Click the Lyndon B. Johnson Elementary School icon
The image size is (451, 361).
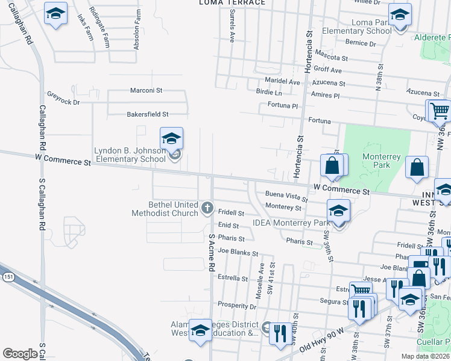pos(171,138)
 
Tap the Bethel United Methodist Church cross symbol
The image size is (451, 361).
pos(207,208)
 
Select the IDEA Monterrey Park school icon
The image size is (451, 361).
pos(338,211)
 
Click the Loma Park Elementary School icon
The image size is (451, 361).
pos(399,15)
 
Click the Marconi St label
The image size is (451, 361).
pos(147,90)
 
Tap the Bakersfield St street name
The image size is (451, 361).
pos(147,114)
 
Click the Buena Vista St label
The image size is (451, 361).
pos(282,195)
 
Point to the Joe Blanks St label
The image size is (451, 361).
pos(238,253)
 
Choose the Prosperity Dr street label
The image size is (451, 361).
pos(238,306)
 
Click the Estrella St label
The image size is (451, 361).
pos(233,279)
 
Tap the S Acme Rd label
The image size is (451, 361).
pos(212,253)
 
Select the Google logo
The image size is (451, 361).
pos(19,353)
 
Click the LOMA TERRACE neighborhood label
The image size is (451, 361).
pos(232,3)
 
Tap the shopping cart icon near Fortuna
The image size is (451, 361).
pos(438,111)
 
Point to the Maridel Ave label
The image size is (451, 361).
pos(282,82)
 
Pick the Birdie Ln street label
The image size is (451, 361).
pos(269,93)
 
